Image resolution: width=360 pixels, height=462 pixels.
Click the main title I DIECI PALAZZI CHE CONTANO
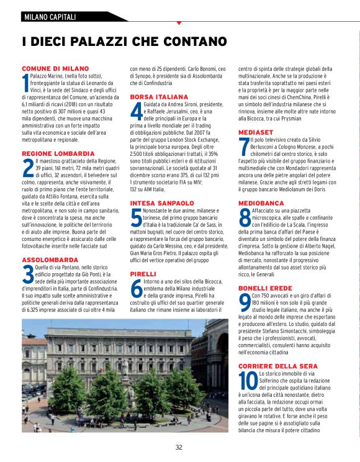[x=124, y=42]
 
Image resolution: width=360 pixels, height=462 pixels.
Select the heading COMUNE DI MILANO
[x=55, y=68]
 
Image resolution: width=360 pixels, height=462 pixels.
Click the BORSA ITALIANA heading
[x=159, y=97]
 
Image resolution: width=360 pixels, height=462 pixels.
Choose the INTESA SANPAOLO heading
[x=162, y=203]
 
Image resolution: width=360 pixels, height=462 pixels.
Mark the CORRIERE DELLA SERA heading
[x=282, y=367]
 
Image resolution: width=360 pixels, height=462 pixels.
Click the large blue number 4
[x=136, y=112]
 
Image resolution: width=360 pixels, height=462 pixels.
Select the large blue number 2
[x=27, y=168]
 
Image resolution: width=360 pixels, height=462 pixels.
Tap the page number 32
[x=179, y=447]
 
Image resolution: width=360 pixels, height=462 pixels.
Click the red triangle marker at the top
[x=179, y=23]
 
